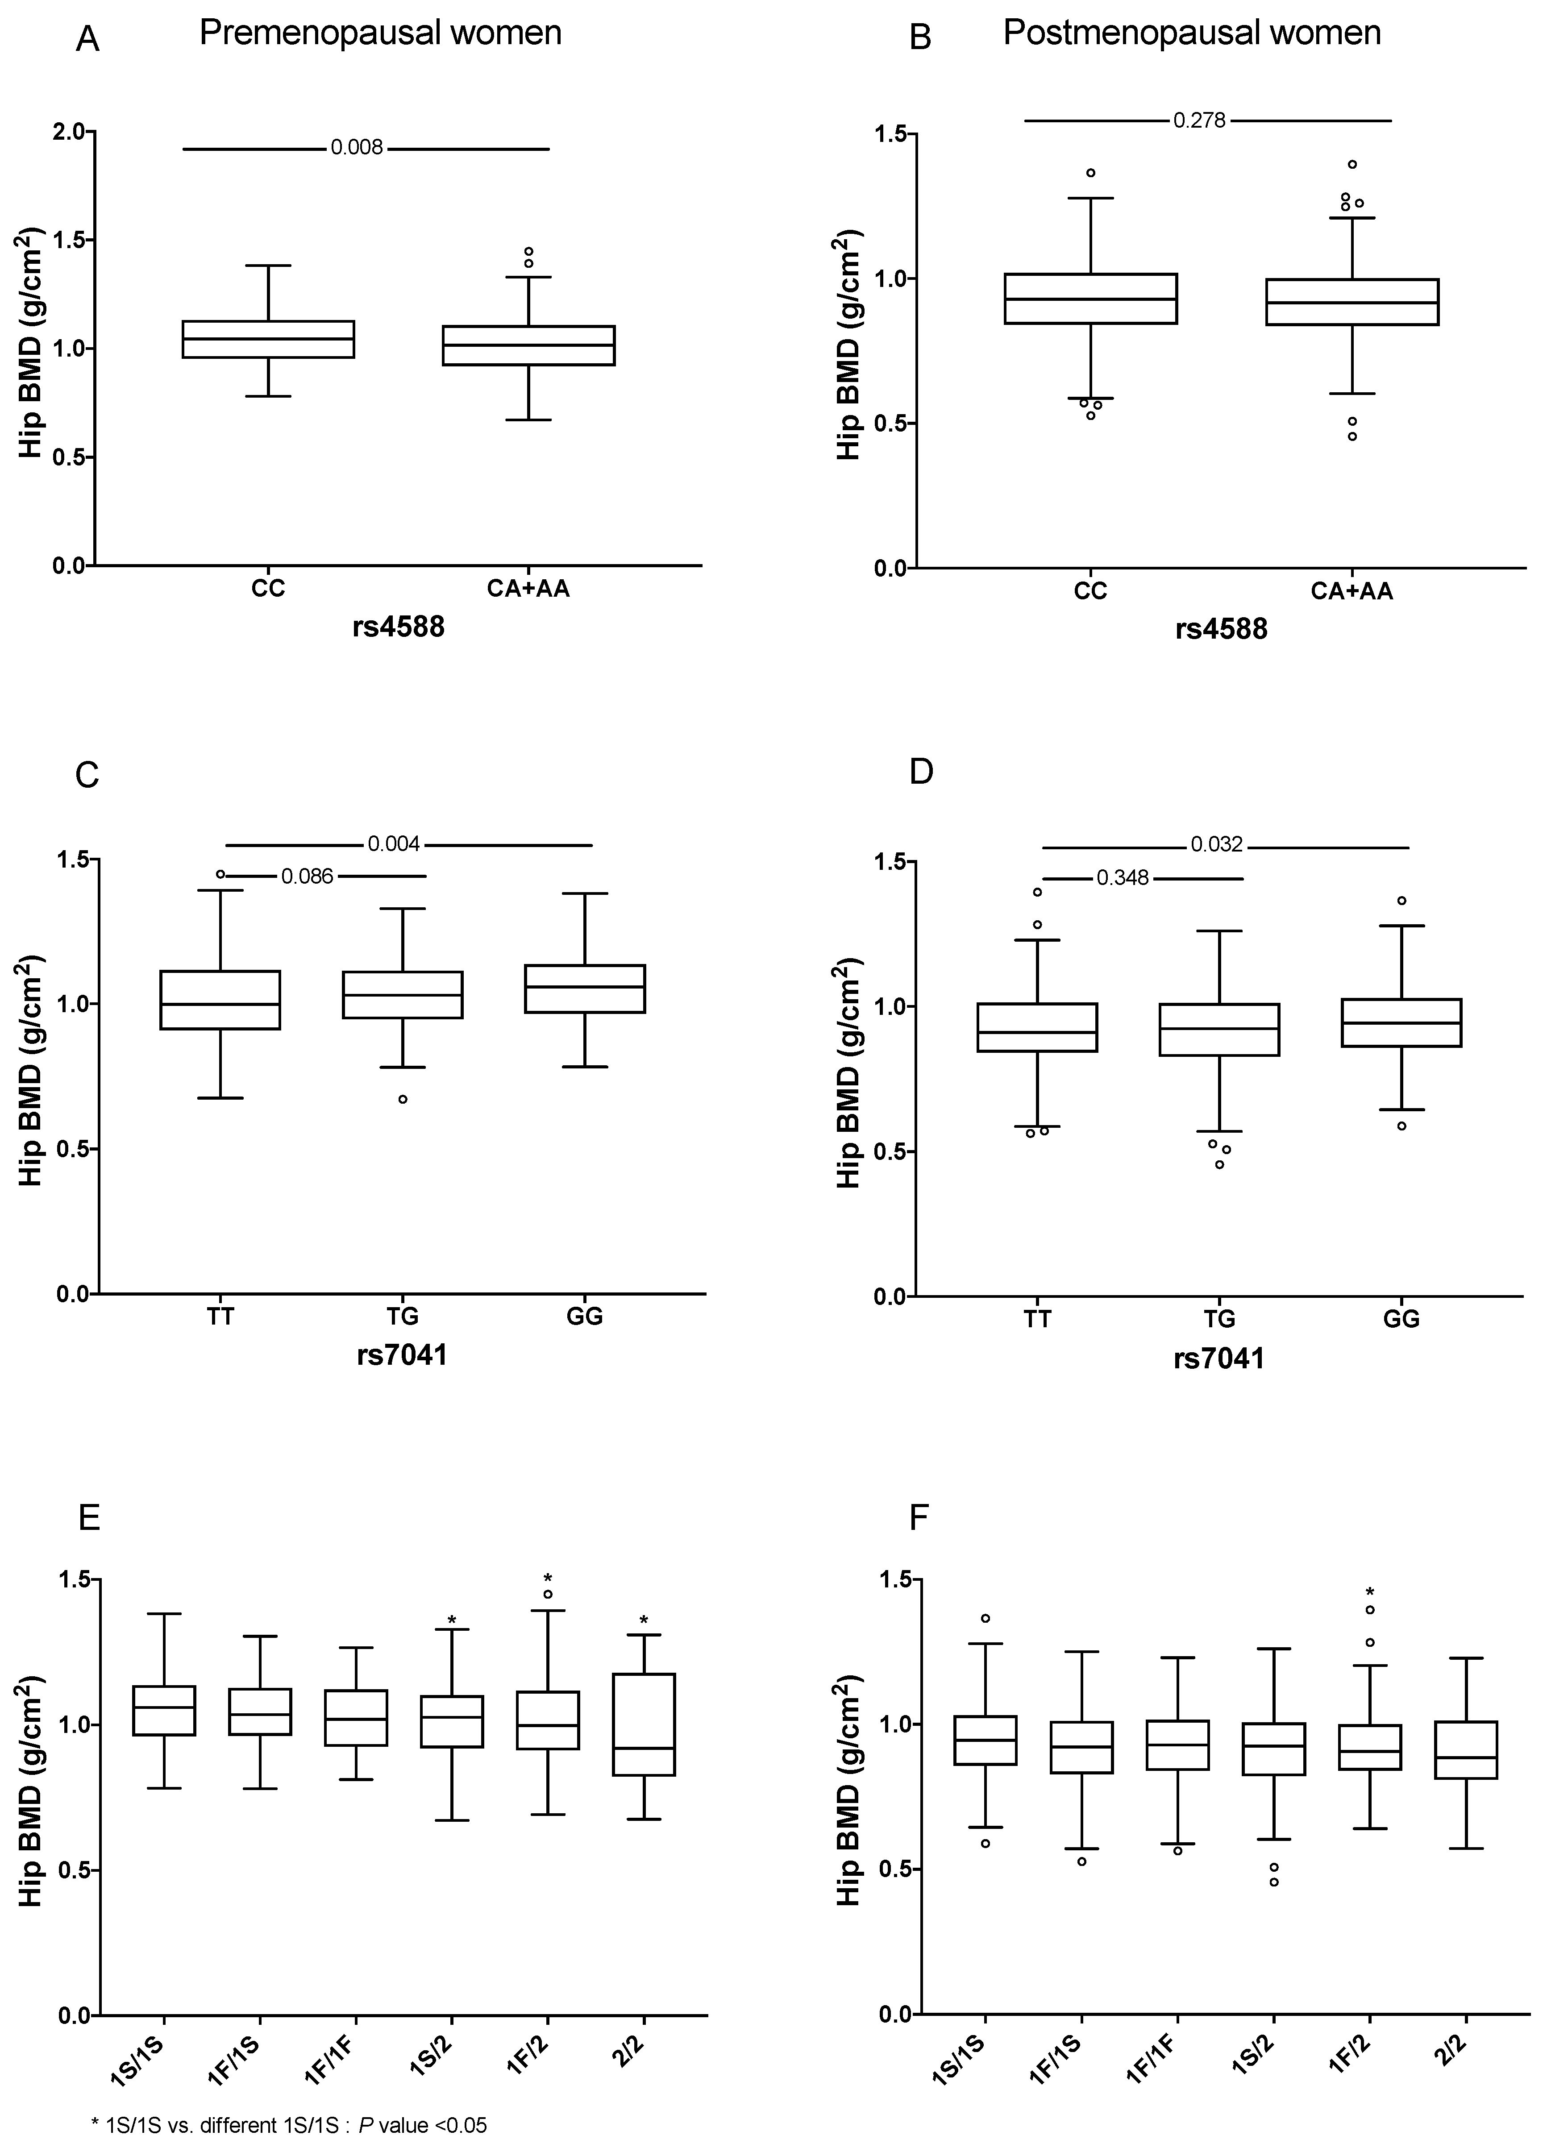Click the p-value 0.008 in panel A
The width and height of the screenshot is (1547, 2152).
(357, 148)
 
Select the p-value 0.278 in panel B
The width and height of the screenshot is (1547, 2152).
(1200, 120)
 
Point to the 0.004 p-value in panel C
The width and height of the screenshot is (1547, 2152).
(394, 843)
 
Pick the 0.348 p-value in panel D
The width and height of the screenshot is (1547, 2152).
(1123, 878)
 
